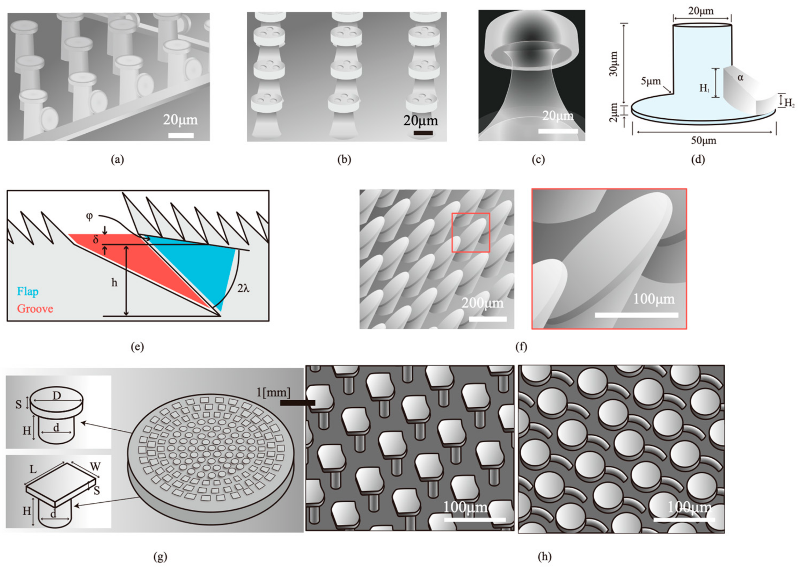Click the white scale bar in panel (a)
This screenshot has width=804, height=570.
point(181,136)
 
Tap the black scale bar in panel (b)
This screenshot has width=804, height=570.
point(423,133)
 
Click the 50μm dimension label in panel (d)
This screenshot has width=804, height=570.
point(703,141)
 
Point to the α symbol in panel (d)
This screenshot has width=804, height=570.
point(740,77)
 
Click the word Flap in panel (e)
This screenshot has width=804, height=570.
point(28,291)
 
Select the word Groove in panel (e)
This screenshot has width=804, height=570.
point(35,309)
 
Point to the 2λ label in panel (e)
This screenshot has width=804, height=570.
point(243,288)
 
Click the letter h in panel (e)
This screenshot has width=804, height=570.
point(114,283)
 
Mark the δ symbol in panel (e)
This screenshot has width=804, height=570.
point(96,240)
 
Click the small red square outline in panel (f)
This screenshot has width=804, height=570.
point(470,232)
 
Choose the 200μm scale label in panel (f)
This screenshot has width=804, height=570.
point(482,303)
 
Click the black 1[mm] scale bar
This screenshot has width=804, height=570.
point(297,403)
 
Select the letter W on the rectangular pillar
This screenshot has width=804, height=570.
point(95,467)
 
